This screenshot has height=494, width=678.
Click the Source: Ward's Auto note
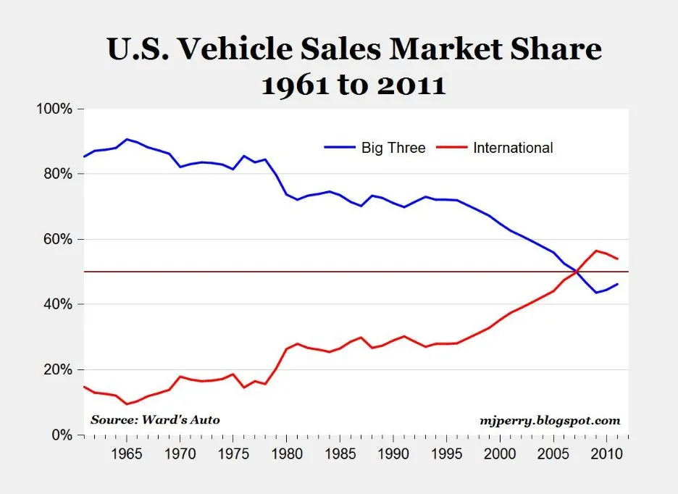pos(155,419)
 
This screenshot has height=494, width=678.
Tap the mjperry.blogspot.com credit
pos(550,419)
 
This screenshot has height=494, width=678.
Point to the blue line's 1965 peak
pos(127,139)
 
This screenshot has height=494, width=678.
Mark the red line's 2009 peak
pos(595,251)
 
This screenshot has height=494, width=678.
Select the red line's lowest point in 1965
pos(127,404)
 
